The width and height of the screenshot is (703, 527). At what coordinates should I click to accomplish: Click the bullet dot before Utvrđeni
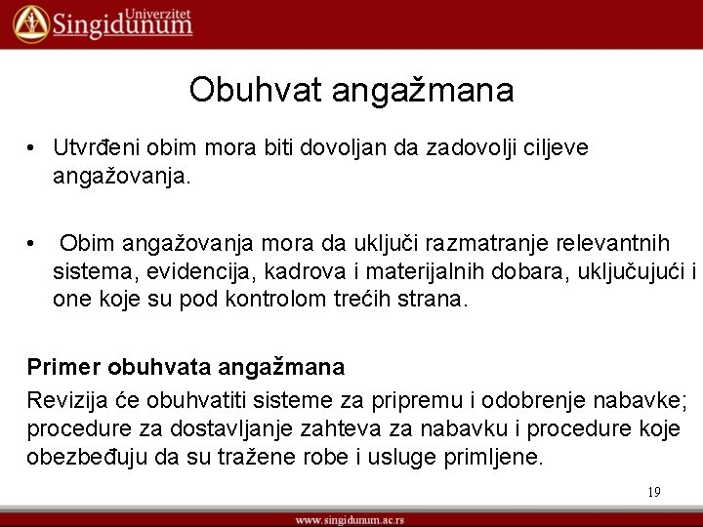point(32,148)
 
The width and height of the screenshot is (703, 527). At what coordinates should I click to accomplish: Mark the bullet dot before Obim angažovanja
point(32,243)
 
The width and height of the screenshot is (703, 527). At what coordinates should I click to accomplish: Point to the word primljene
point(493,458)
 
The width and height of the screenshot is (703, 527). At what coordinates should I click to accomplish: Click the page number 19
point(653,492)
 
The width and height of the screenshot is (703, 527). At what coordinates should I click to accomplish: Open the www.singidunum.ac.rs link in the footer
point(351,518)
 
